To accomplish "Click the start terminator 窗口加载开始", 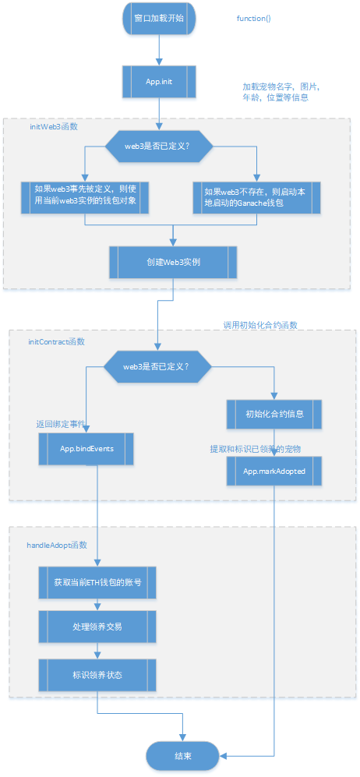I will (x=159, y=19).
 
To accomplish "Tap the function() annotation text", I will (x=253, y=18).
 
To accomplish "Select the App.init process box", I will (x=159, y=82).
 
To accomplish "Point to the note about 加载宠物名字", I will (x=281, y=92).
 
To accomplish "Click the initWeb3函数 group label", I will (x=52, y=125).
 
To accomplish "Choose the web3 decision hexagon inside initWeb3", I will (x=159, y=147).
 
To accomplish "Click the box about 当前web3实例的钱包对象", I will (x=85, y=197).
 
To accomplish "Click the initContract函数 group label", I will (x=56, y=342).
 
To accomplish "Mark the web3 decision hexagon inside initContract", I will (x=159, y=366).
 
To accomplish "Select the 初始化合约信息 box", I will (x=274, y=414).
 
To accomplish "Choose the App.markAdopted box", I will (x=274, y=471).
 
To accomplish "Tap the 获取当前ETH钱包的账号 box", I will (x=97, y=582).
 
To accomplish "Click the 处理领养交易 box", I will (x=97, y=627).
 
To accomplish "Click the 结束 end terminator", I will (x=183, y=755).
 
